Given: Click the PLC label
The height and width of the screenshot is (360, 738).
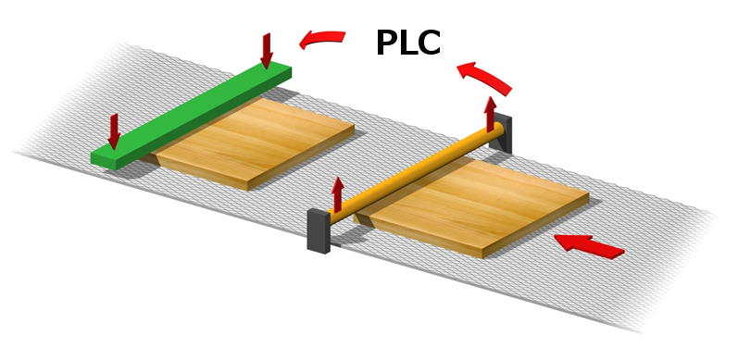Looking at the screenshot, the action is tap(408, 43).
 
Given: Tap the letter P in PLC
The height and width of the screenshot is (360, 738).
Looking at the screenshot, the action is tap(386, 43).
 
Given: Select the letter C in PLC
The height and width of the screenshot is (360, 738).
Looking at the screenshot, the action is tap(429, 43).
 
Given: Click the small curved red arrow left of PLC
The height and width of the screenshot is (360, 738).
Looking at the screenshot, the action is tap(322, 38).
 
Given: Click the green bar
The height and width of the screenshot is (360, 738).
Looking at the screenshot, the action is tap(191, 116).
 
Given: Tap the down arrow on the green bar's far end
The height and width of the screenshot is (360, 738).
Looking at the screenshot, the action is tap(267, 50).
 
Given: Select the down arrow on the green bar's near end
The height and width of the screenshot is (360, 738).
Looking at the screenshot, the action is tap(114, 131).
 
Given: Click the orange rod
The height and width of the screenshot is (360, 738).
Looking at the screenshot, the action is tap(417, 173).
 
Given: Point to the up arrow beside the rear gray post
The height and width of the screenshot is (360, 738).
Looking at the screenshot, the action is tap(491, 114).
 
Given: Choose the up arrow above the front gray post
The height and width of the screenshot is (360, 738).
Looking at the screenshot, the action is tap(337, 194).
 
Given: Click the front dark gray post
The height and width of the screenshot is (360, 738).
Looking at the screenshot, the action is tap(319, 231).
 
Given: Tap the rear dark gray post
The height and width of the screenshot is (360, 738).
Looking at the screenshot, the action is tap(500, 133).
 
